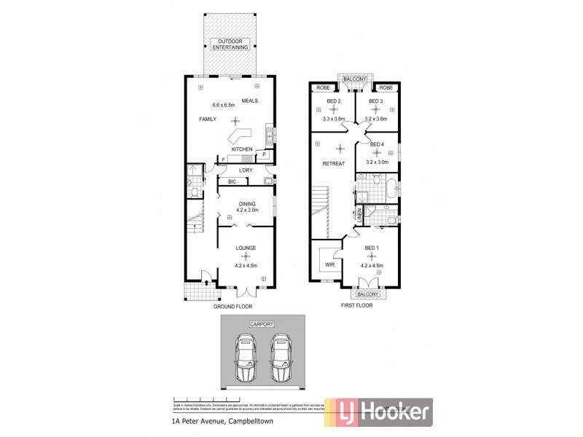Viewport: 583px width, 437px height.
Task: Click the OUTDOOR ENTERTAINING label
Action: tap(234, 44)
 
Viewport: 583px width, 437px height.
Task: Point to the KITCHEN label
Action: tap(242, 149)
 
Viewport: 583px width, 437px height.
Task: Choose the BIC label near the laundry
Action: tap(232, 181)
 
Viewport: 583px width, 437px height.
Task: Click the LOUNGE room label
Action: tap(246, 248)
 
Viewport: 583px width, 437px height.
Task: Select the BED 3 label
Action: tap(375, 101)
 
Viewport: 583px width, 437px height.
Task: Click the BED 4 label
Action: tap(376, 144)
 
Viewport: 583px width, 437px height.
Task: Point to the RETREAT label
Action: tap(333, 164)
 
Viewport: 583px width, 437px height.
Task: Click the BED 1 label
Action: tap(372, 249)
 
